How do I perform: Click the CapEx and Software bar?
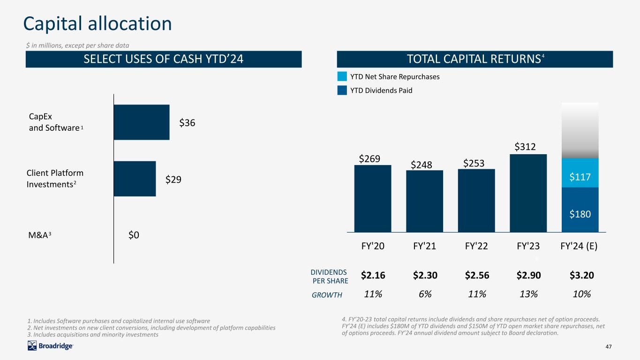pos(142,122)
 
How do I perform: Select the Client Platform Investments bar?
pos(135,179)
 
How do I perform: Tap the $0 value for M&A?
pos(134,235)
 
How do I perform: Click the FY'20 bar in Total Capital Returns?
pos(373,199)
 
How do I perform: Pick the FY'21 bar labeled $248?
pos(425,201)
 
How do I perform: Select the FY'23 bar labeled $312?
pos(528,193)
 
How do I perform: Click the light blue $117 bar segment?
pos(580,173)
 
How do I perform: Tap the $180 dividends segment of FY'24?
pos(580,210)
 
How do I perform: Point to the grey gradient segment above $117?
pos(580,131)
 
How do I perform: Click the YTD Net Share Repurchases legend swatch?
pos(342,76)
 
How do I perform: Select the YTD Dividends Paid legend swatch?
pos(342,90)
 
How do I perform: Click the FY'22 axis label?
pos(476,246)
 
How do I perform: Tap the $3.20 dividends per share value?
pos(582,275)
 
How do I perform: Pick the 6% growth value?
pos(425,294)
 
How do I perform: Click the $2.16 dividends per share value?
pos(373,275)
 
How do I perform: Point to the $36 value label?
pos(187,122)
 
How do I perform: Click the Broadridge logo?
pos(50,346)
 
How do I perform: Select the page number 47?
pos(609,346)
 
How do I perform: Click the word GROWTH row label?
pos(327,295)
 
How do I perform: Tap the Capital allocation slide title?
pos(98,24)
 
